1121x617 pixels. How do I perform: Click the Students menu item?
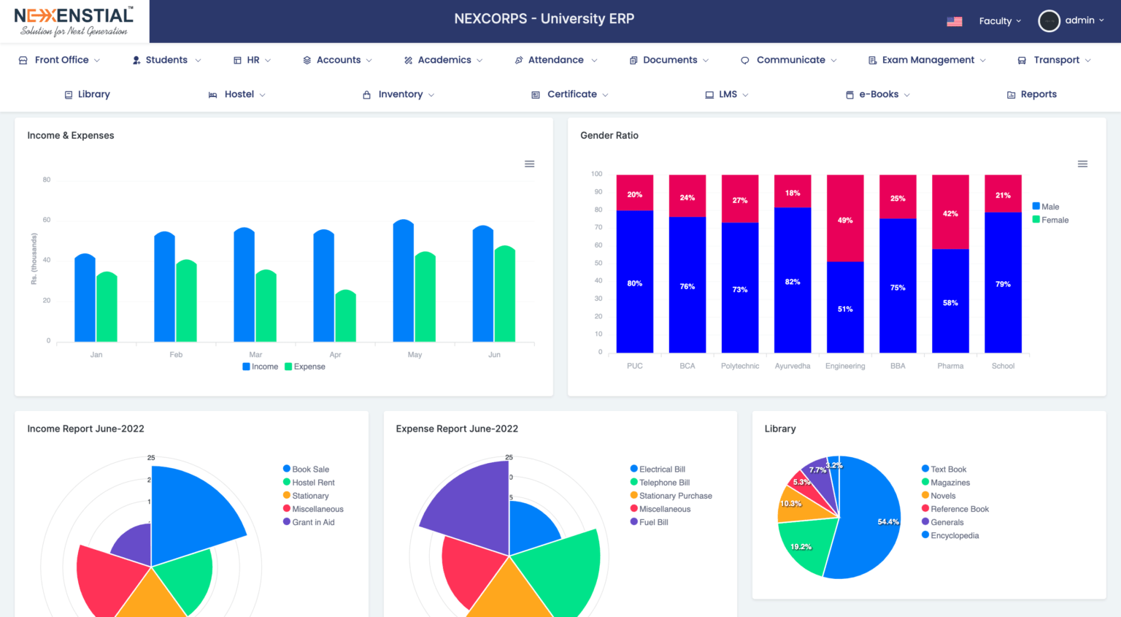(x=166, y=60)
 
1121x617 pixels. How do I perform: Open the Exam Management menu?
(x=927, y=60)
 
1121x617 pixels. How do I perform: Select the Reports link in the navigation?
(x=1038, y=94)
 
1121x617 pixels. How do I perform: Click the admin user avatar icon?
(x=1049, y=21)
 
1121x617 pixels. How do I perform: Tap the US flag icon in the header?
(x=954, y=21)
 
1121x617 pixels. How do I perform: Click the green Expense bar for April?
(x=345, y=318)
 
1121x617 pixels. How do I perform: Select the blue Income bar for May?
(x=403, y=281)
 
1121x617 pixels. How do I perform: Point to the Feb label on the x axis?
(x=176, y=355)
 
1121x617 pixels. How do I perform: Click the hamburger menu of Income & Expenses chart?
(x=529, y=164)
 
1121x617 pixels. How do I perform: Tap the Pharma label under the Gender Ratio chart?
(x=950, y=366)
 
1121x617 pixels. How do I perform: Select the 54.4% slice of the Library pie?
(x=872, y=522)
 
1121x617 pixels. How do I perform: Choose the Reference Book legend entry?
(x=959, y=509)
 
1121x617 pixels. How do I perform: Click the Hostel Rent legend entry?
(x=313, y=483)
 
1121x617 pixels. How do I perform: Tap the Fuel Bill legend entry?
(x=653, y=522)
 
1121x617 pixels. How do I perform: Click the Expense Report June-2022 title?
(x=457, y=429)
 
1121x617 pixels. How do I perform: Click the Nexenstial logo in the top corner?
(x=74, y=21)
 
